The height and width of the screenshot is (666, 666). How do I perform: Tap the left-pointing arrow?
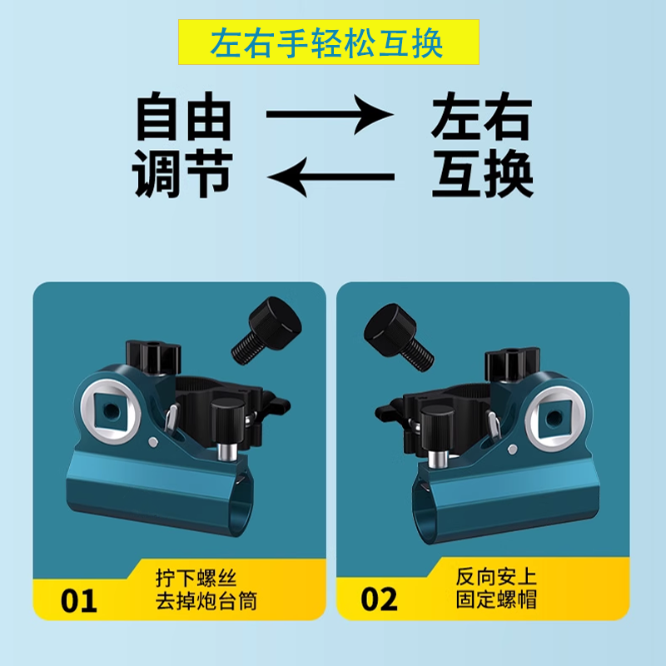[x=329, y=176]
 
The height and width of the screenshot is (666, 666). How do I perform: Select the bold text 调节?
[x=183, y=173]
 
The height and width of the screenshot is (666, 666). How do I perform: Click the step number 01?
[x=79, y=599]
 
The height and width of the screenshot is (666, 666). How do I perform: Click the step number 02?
[x=380, y=599]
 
